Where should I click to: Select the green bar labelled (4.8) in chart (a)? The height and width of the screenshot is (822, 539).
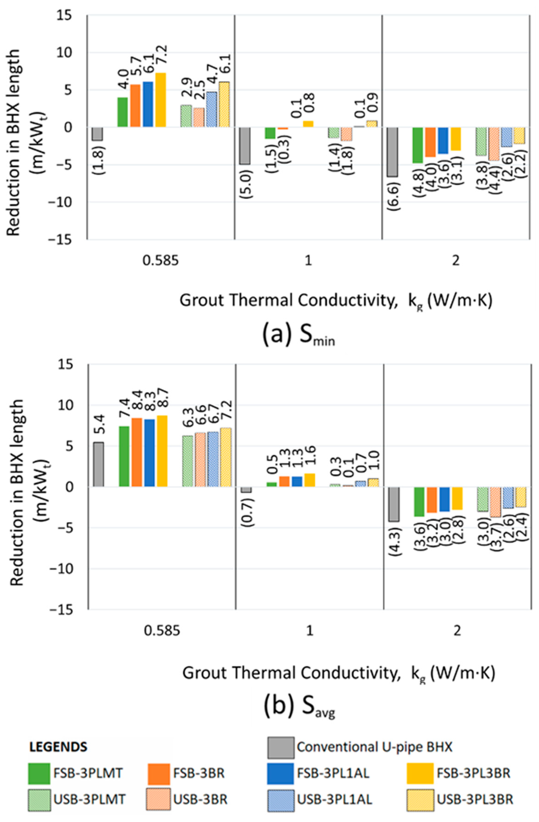[x=418, y=145]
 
